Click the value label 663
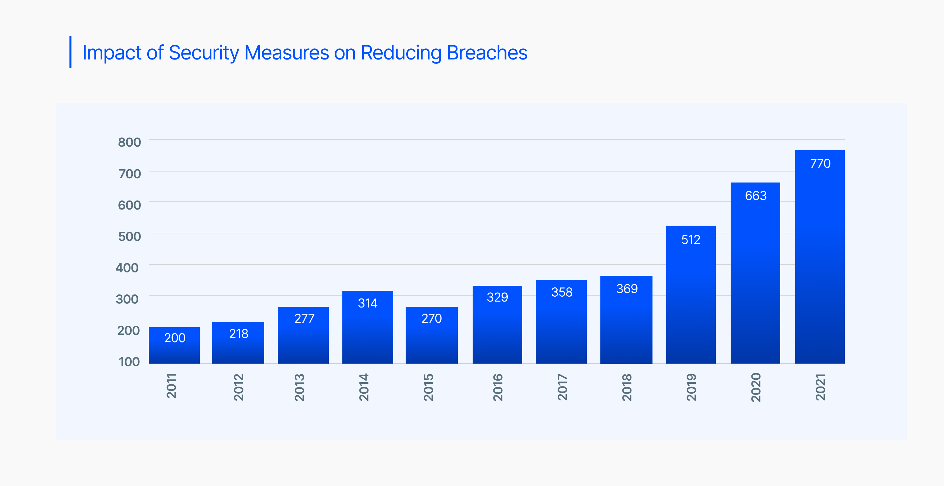point(756,196)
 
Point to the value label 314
point(367,303)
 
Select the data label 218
point(238,334)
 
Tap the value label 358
point(561,292)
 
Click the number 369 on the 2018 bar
point(627,289)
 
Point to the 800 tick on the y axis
point(129,142)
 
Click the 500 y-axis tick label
point(129,236)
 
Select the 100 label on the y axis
point(129,362)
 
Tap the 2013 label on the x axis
point(299,387)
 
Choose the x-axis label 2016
point(497,387)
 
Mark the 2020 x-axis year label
point(756,387)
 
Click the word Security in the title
point(204,53)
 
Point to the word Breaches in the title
point(487,53)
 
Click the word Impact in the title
point(112,53)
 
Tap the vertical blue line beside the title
point(70,52)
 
